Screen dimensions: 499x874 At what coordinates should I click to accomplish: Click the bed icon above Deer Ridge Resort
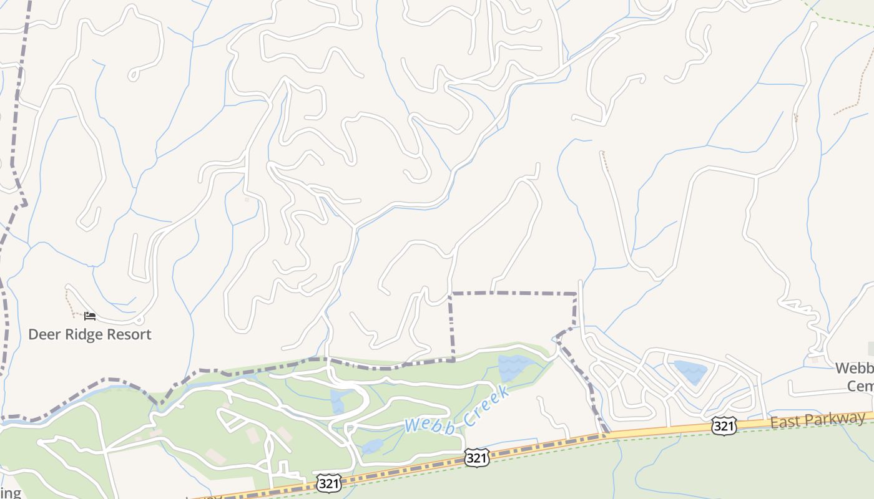[x=90, y=316]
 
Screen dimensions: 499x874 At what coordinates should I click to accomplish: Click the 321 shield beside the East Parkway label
[x=724, y=426]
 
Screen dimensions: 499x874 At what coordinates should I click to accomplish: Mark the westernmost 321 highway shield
[x=328, y=482]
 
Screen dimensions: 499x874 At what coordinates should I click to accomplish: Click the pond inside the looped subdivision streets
[x=690, y=372]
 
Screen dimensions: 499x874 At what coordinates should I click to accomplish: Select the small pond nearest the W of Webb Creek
[x=372, y=446]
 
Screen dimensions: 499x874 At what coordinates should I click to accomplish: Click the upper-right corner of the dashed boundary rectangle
[x=576, y=293]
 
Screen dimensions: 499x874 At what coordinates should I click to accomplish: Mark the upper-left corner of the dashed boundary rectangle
[x=452, y=293]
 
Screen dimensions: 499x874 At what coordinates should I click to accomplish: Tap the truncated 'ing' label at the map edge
[x=10, y=493]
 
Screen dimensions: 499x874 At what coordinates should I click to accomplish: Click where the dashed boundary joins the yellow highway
[x=606, y=432]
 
